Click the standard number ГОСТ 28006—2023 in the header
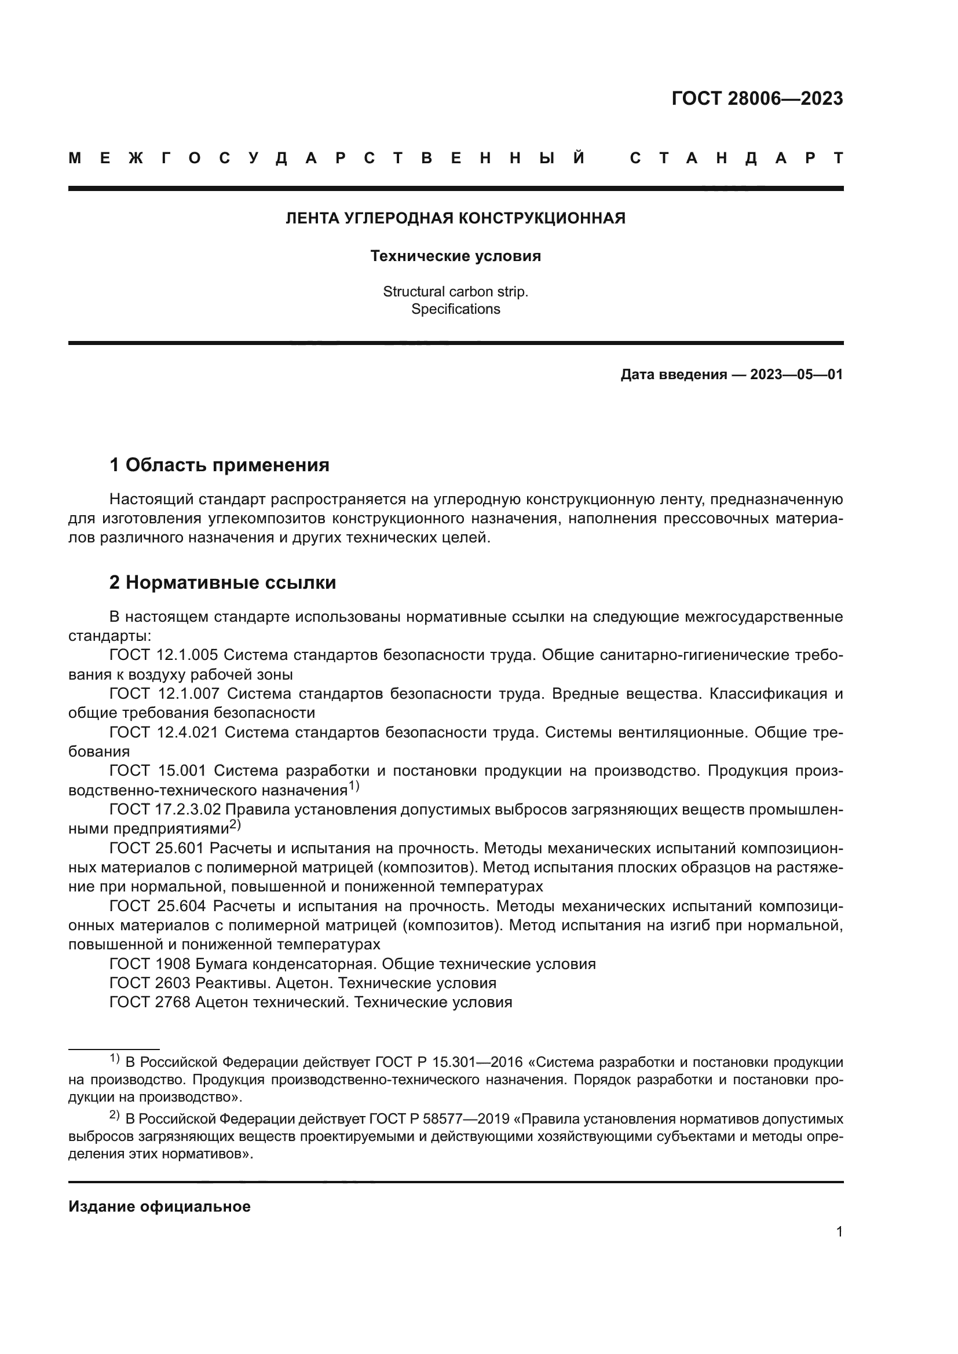pos(757,98)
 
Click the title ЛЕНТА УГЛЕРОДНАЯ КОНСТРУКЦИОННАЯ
pos(455,219)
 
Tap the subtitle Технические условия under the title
pos(455,256)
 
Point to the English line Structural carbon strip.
pos(455,291)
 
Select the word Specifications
pos(455,309)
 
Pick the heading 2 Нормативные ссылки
pos(222,583)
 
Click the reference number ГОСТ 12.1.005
pos(163,655)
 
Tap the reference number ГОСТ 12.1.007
pos(164,693)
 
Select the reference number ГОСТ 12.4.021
pos(163,732)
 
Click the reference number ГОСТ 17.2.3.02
pos(166,810)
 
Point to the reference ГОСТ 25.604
pos(158,906)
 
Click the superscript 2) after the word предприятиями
pos(235,825)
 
